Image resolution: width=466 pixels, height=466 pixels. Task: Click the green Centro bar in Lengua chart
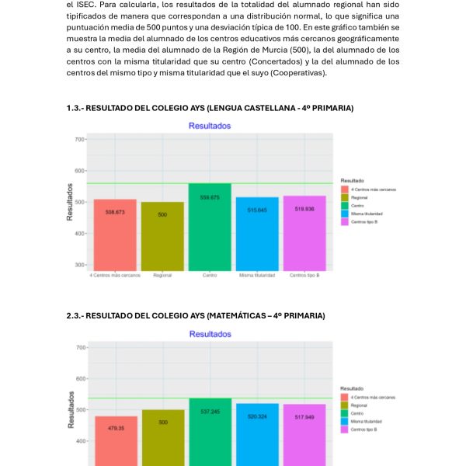pos(210,233)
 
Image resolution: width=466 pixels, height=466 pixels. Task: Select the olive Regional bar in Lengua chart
pos(162,241)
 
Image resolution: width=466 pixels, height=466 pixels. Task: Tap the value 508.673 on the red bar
pos(115,211)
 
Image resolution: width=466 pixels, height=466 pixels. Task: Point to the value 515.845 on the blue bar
pos(257,210)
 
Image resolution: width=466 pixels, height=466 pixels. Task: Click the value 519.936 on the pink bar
pos(304,209)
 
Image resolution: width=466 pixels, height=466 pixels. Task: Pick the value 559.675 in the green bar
pos(210,197)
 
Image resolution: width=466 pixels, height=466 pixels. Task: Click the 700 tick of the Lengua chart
pos(79,139)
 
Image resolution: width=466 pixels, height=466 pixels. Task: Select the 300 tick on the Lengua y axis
pos(79,265)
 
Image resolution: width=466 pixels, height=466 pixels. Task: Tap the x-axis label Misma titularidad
pos(257,275)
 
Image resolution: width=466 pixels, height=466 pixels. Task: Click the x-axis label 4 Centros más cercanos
pos(115,275)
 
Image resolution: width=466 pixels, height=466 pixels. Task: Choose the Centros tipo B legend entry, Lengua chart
pos(364,222)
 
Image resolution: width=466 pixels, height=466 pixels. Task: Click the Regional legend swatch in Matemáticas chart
pos(345,405)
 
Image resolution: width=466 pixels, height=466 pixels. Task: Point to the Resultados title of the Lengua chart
pos(210,125)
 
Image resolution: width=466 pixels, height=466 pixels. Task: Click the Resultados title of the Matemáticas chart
pos(210,334)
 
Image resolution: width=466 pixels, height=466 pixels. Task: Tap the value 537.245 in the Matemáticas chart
pos(210,411)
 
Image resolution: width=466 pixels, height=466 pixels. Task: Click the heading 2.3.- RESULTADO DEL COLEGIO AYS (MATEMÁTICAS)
pos(195,315)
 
